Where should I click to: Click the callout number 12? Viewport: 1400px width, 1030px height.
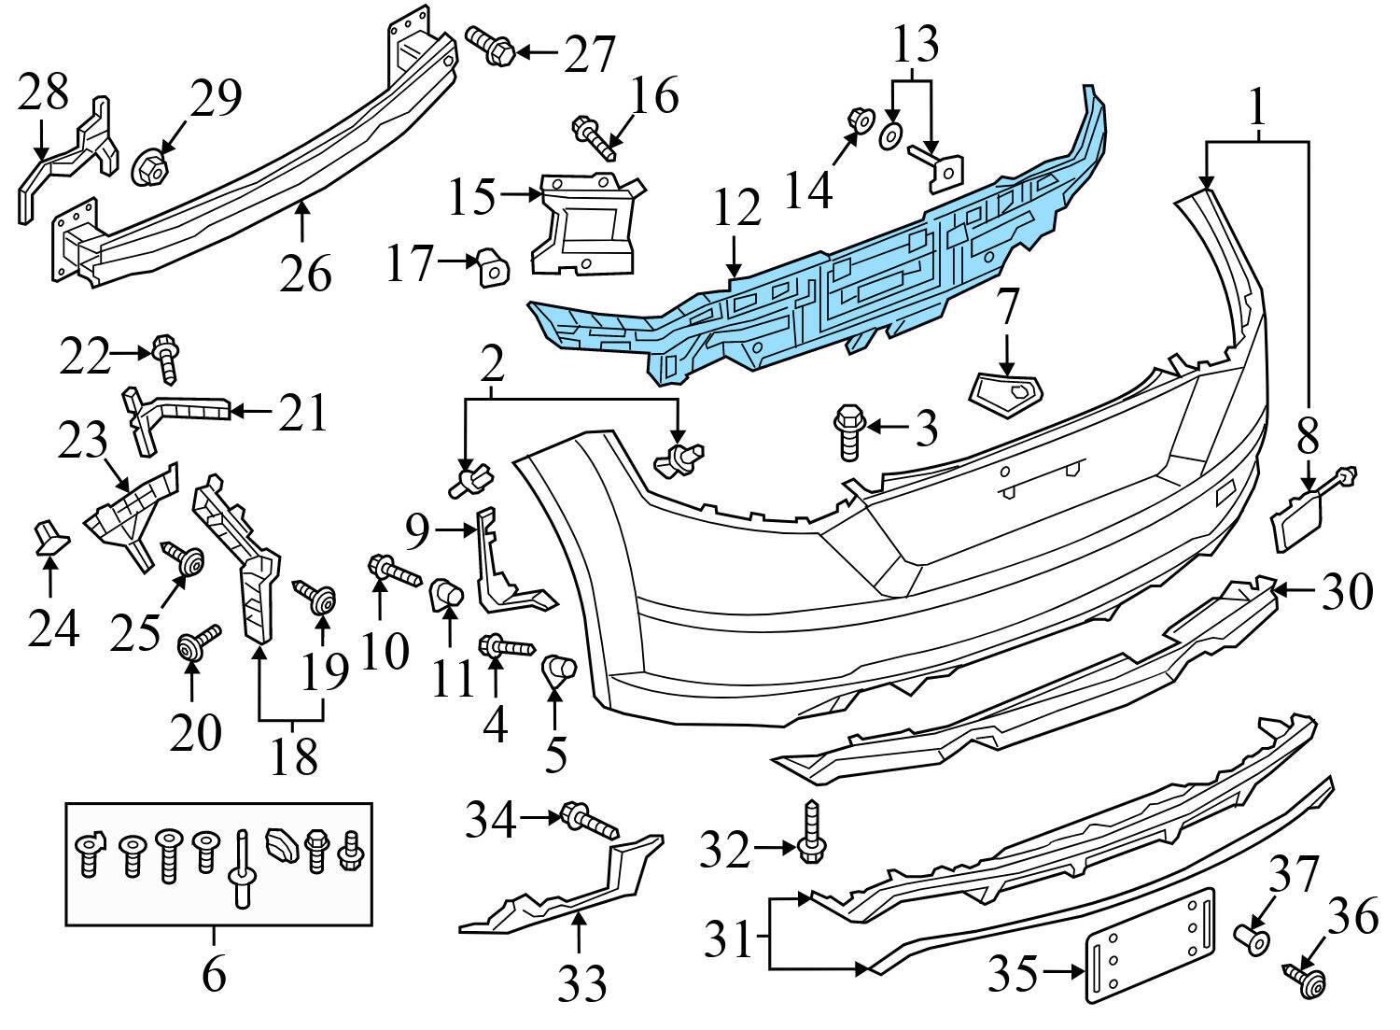(x=737, y=210)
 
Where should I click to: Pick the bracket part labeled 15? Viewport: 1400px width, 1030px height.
(x=583, y=224)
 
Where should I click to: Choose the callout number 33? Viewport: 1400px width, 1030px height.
(x=582, y=983)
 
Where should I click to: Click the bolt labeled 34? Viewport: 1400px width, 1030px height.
(x=588, y=822)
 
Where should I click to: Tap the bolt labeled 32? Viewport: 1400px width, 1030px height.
(x=811, y=831)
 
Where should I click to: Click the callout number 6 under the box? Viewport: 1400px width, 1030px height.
(x=214, y=975)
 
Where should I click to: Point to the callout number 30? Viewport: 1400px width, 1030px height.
(x=1346, y=591)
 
